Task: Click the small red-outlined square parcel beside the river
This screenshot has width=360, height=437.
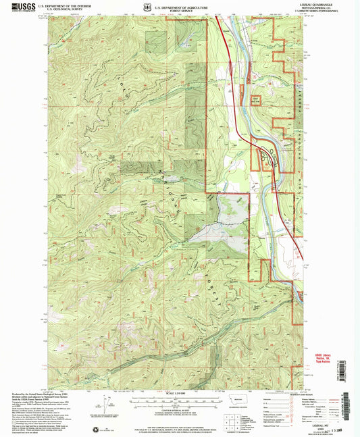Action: tap(256, 101)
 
